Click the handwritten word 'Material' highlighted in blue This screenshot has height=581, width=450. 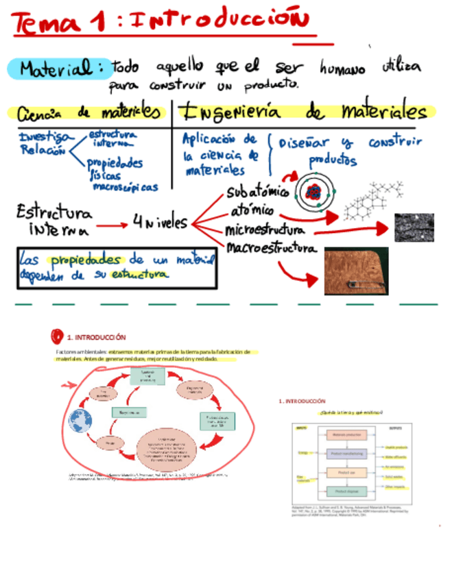[x=58, y=69]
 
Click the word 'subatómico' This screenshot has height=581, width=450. [x=257, y=193]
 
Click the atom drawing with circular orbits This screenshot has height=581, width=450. [x=314, y=193]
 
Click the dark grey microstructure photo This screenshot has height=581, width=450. [x=414, y=227]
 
